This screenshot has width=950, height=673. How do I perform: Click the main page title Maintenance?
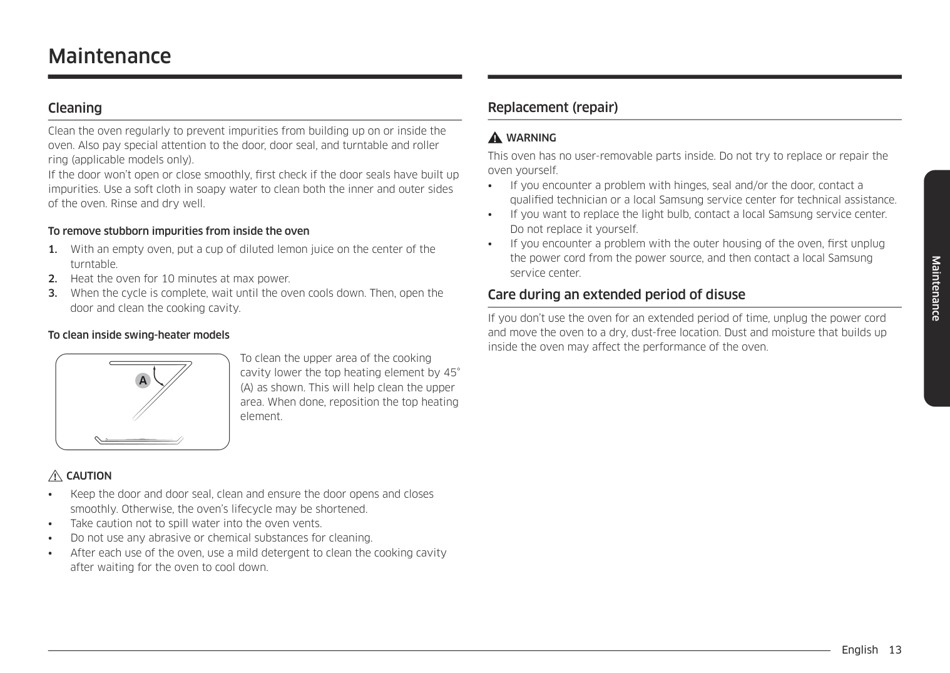pos(110,56)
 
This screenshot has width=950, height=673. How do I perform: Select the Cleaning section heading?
pos(75,108)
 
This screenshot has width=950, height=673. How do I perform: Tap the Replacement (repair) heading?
pos(553,107)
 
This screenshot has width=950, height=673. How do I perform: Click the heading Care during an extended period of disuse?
pos(616,294)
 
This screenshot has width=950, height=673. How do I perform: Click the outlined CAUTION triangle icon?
pos(56,476)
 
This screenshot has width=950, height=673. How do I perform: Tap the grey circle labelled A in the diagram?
pos(143,380)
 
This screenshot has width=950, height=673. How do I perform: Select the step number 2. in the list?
pos(53,279)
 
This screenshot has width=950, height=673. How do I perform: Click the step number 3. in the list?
pos(53,293)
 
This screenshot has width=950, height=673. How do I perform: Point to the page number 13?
pos(895,649)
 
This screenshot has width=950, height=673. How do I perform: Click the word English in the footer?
pos(859,649)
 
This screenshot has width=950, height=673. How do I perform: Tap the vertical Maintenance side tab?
pos(936,288)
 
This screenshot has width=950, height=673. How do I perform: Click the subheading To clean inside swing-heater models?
pos(139,335)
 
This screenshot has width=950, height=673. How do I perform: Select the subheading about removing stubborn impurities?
pos(179,231)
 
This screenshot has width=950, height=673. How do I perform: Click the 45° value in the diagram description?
pos(451,372)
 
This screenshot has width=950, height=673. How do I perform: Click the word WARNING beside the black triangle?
pos(531,138)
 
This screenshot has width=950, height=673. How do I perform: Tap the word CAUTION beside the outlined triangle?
pos(89,476)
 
